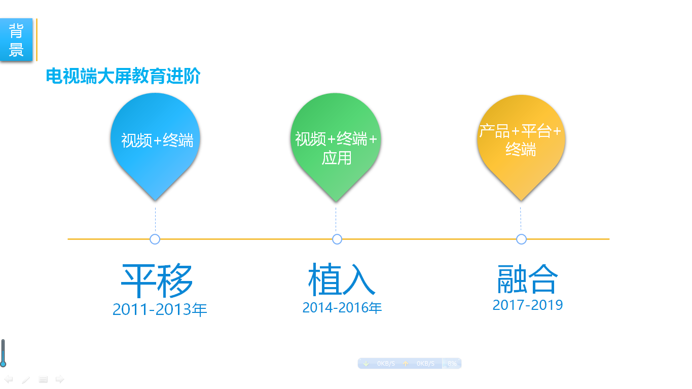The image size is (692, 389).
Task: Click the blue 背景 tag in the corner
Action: pos(16,40)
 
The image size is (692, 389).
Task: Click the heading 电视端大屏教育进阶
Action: pos(123,76)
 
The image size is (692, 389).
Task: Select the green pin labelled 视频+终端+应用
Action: pos(336,147)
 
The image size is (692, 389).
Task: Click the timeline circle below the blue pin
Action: pos(155,239)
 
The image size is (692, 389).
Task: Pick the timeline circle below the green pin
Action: pos(337,239)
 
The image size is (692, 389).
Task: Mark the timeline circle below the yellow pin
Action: pos(522,239)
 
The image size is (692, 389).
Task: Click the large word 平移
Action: pos(157,280)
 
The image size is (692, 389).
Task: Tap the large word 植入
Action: pos(342,279)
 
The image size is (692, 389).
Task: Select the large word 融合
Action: pos(527,279)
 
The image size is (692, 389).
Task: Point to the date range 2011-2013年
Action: pos(159,309)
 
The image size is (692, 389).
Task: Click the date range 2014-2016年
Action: pos(342,307)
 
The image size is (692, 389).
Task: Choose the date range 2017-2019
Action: pos(528,305)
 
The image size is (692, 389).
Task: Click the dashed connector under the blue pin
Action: pos(155,220)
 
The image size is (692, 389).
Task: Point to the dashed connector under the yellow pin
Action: pos(521,219)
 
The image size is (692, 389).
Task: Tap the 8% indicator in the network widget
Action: pos(452,364)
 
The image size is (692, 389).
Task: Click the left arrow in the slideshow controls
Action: pos(8,379)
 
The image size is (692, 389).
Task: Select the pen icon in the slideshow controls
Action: pos(26,379)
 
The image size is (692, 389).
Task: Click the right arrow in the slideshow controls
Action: pos(60,379)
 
